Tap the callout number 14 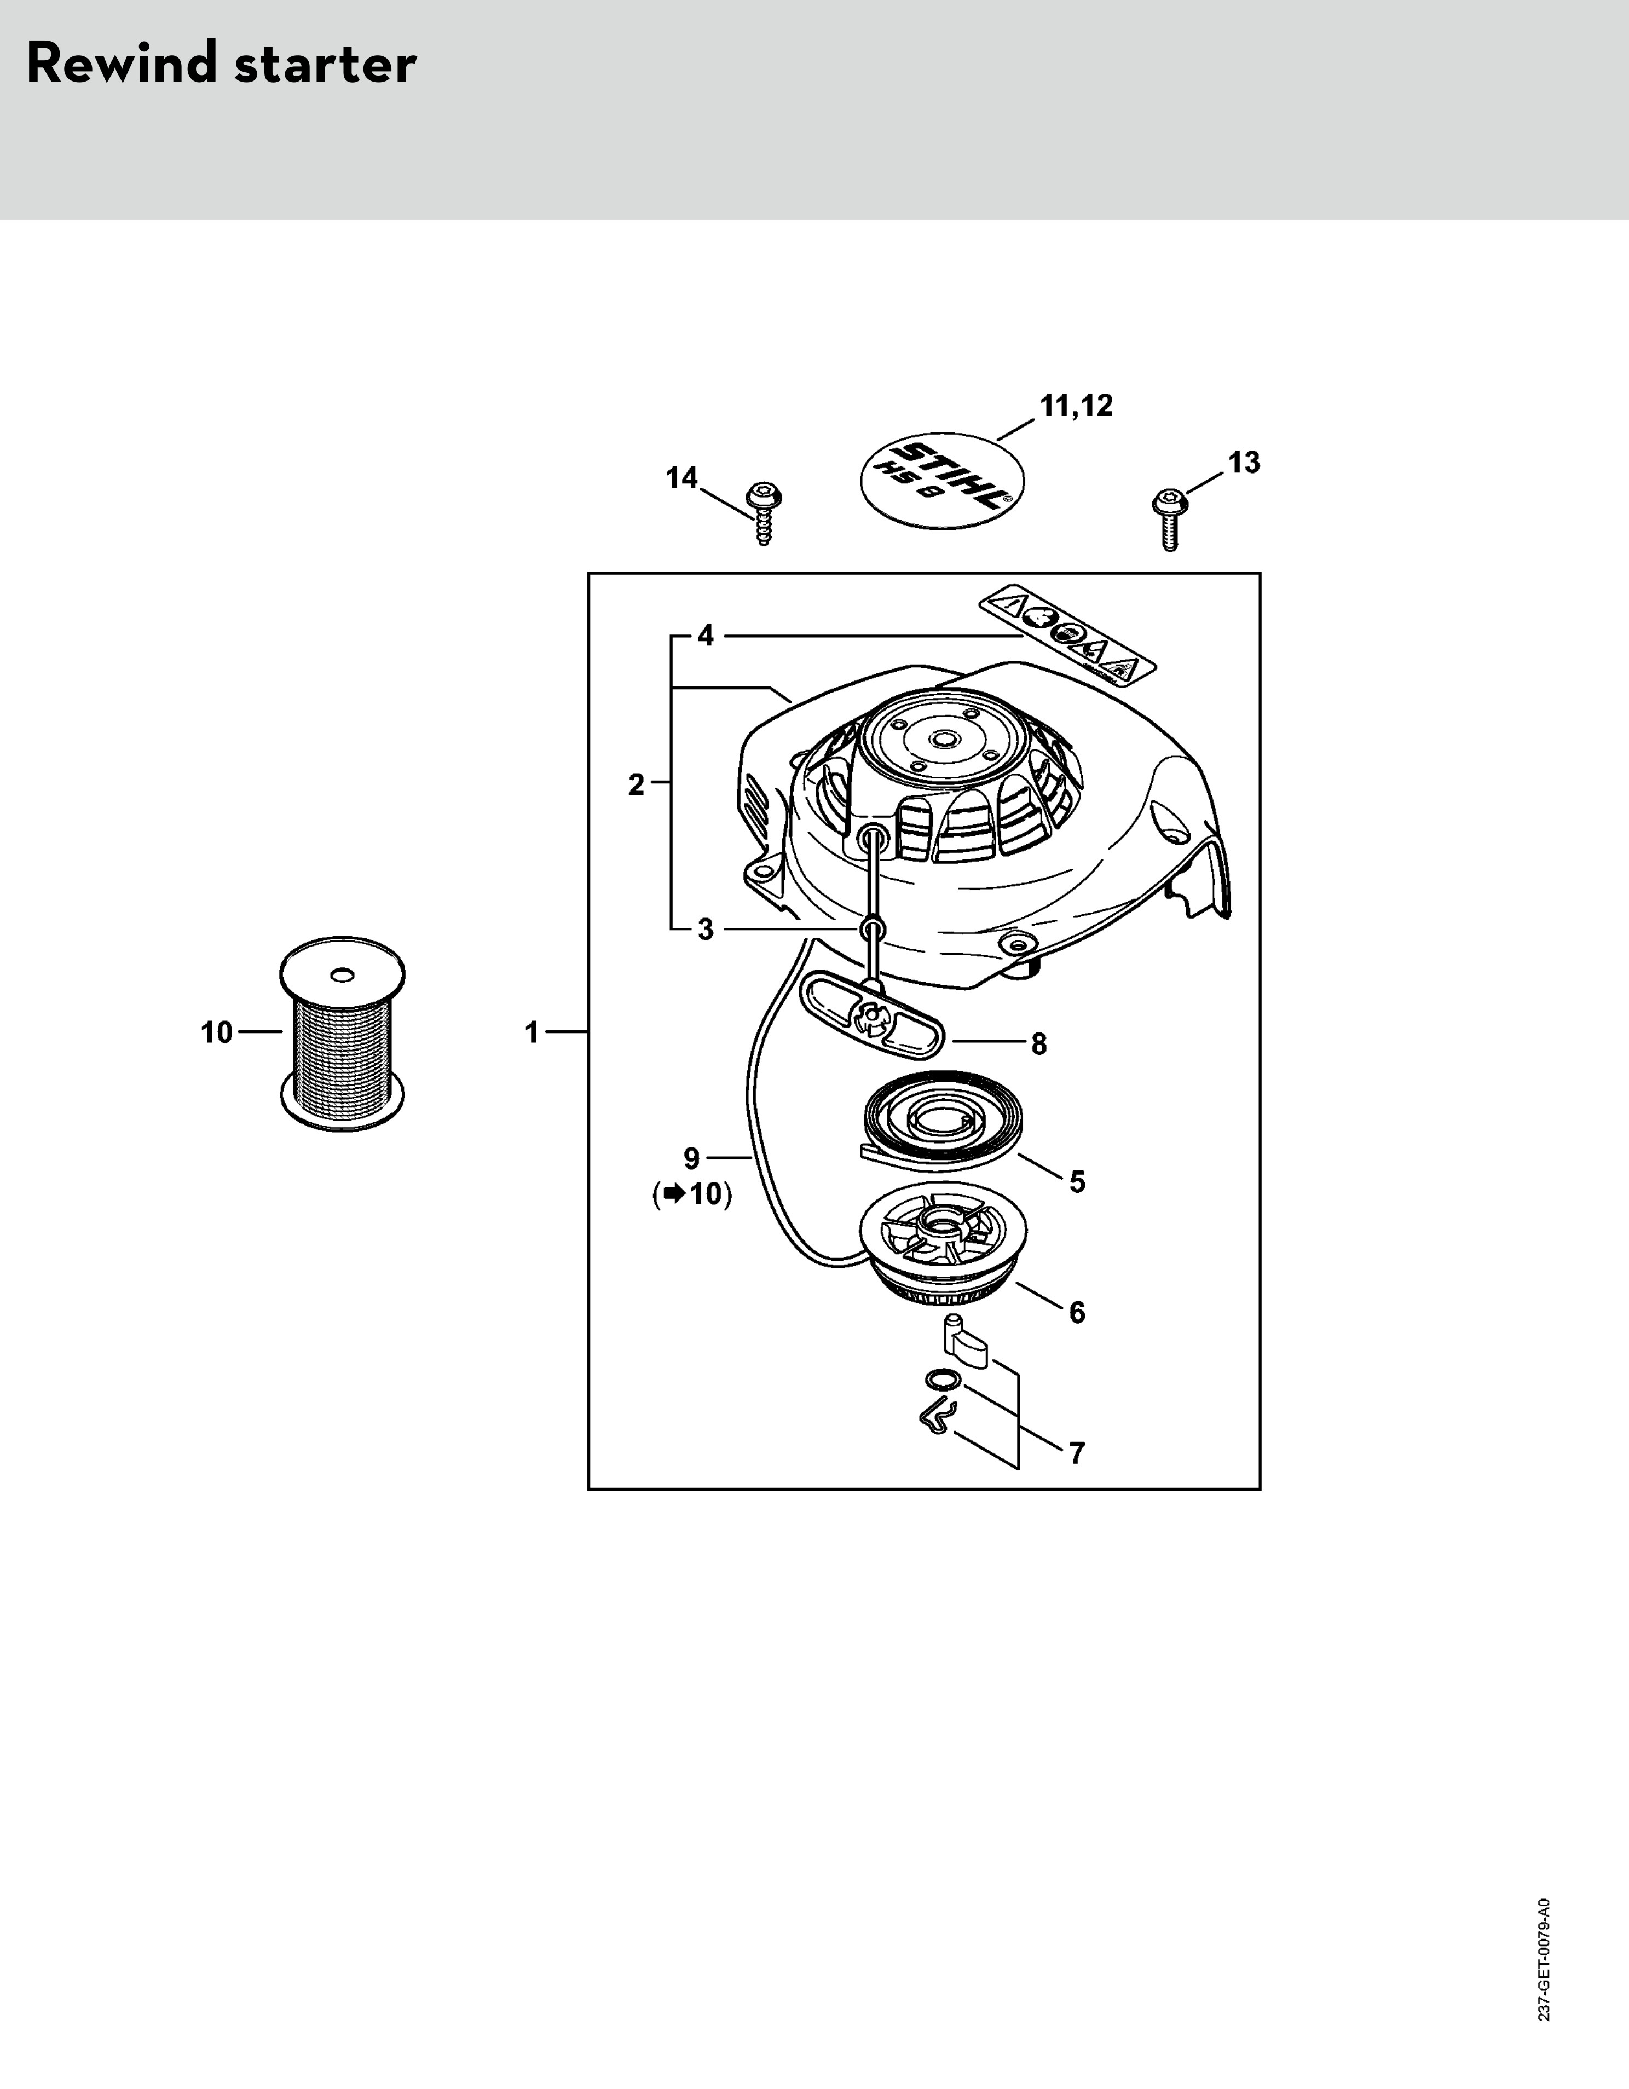(x=682, y=477)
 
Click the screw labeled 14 (x=762, y=513)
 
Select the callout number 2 (x=636, y=785)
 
